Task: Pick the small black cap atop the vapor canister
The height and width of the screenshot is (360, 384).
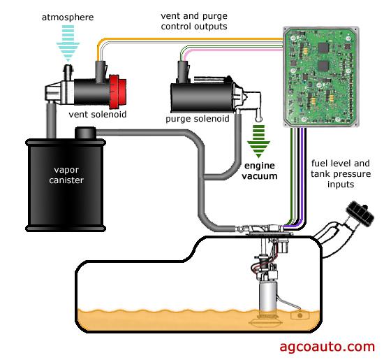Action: pyautogui.click(x=86, y=131)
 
